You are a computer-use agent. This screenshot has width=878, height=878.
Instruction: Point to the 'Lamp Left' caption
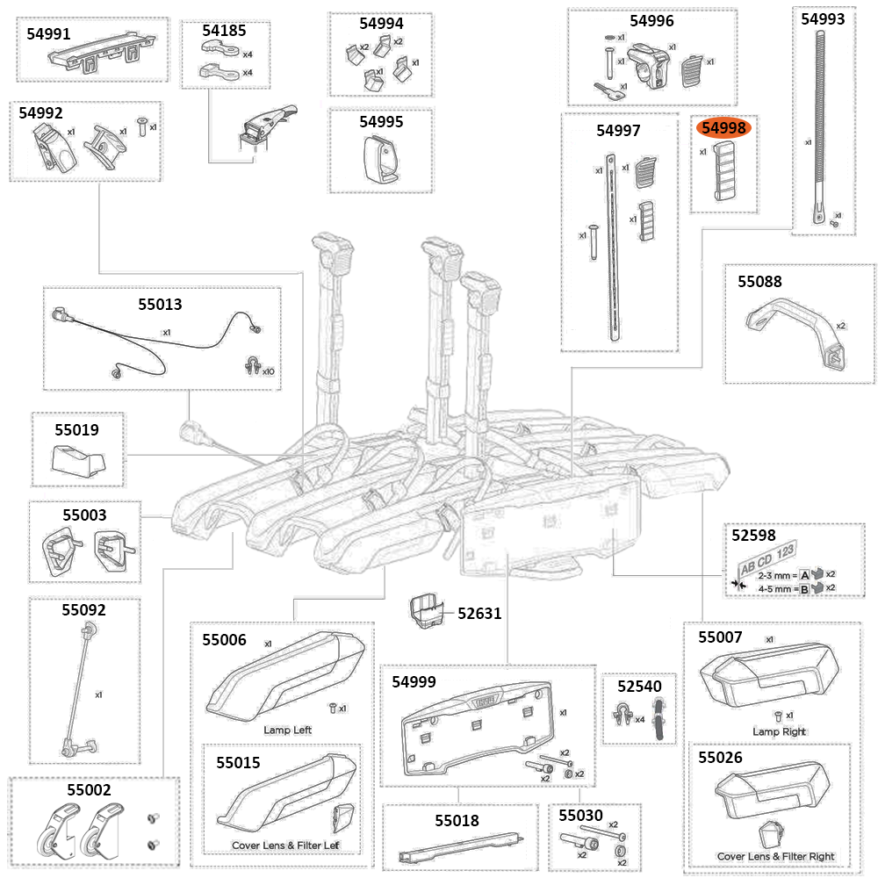click(x=287, y=730)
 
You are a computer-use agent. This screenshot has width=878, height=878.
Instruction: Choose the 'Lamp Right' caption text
click(x=779, y=731)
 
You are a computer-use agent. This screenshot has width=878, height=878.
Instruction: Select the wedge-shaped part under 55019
click(x=78, y=458)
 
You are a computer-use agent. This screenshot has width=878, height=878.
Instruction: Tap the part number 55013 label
click(x=160, y=305)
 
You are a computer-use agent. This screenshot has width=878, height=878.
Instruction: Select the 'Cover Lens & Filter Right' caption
click(x=775, y=856)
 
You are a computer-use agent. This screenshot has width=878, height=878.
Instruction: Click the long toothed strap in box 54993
click(x=822, y=123)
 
